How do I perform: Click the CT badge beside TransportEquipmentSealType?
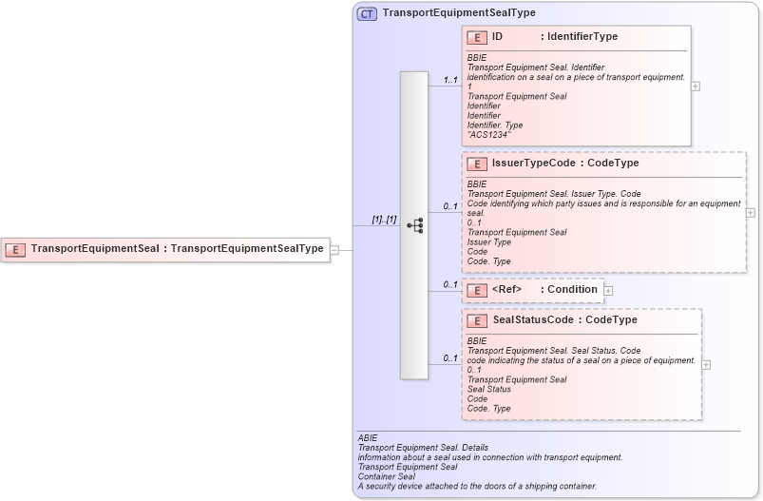367,13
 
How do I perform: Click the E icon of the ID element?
477,37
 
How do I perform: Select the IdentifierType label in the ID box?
579,37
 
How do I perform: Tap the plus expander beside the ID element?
696,86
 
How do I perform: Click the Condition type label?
572,290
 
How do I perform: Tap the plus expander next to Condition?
608,290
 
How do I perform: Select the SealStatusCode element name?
533,320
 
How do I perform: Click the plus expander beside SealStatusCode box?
706,364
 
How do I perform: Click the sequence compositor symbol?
414,225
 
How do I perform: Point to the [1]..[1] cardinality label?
384,220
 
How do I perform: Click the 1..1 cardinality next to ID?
450,80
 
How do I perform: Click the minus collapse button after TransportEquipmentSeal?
334,250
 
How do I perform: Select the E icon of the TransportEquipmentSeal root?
16,250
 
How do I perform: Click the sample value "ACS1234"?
488,135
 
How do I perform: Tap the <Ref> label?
506,290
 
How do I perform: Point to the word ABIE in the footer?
368,438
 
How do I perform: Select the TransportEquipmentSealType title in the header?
459,13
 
